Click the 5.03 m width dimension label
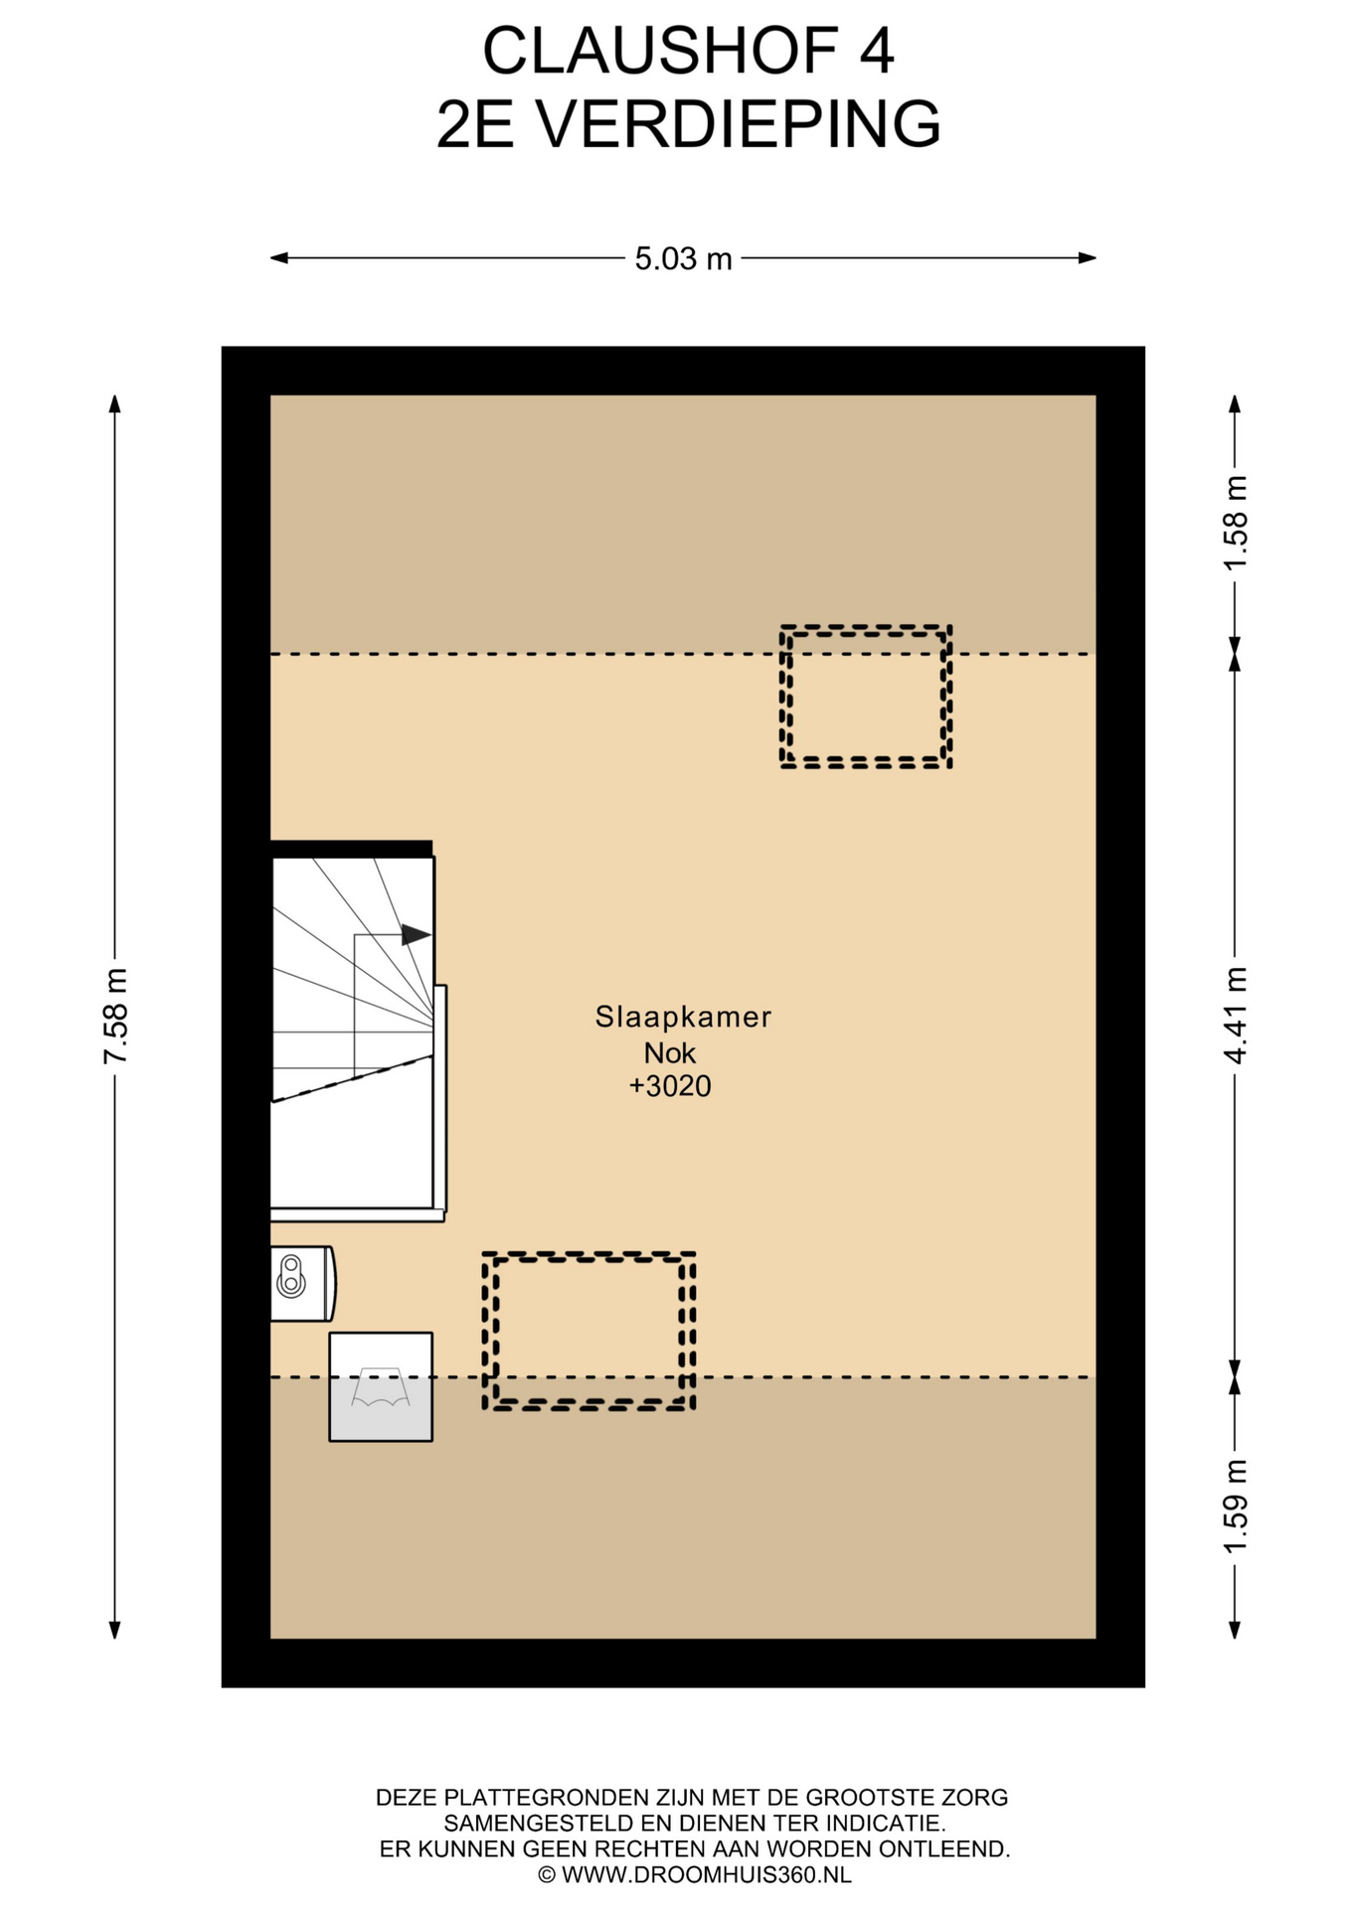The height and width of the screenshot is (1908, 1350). tap(683, 259)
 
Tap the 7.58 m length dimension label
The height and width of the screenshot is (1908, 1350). tap(116, 1016)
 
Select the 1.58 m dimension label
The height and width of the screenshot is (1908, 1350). tap(1236, 523)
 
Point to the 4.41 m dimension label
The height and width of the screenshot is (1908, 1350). tap(1236, 1015)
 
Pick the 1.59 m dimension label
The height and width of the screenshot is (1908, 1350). tap(1236, 1506)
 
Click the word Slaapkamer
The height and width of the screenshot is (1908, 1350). tap(683, 1017)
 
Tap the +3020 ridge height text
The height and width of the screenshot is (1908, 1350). tap(670, 1086)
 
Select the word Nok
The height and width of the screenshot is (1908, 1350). tap(670, 1052)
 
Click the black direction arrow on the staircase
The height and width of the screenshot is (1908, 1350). tap(416, 934)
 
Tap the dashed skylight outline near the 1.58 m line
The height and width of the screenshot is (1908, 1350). tap(866, 628)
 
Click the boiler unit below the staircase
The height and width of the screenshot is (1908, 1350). tap(302, 1283)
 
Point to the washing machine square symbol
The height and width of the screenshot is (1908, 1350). tap(381, 1386)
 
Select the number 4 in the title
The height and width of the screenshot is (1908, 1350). tap(876, 52)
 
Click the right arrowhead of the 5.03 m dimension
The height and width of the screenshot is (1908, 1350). tap(1088, 258)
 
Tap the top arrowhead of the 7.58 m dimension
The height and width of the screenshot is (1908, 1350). tap(115, 404)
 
